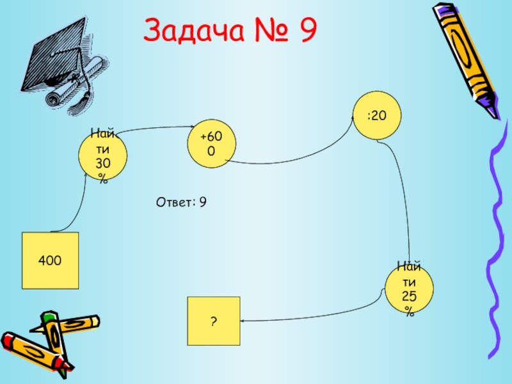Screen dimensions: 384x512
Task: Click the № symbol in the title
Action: pos(262,31)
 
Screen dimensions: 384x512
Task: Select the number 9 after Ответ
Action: pos(202,203)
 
